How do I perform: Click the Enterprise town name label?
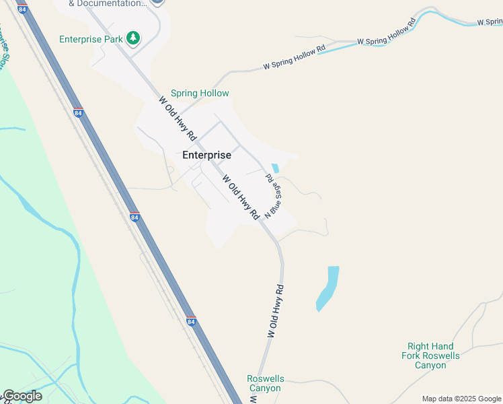206,155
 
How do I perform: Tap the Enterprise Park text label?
91,39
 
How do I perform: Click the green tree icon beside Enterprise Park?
134,38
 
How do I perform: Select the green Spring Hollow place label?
200,94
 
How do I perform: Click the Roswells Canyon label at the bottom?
265,383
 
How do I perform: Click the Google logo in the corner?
22,396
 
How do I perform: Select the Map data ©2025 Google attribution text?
461,399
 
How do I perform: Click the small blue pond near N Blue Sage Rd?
274,168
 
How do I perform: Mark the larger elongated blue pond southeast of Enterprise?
327,288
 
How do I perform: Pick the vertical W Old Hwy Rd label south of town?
276,311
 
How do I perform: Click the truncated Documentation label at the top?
108,3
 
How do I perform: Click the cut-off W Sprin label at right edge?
490,22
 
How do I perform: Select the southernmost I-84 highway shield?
191,322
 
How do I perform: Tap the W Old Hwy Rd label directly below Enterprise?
241,197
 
